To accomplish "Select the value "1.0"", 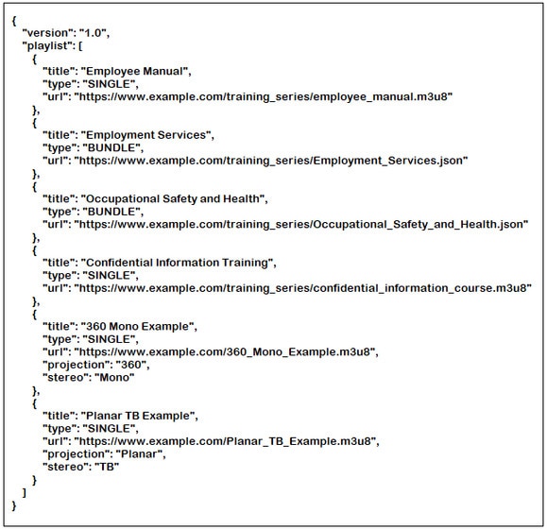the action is click(93, 33).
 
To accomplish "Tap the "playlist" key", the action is click(46, 45).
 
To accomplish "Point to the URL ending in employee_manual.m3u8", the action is click(264, 96).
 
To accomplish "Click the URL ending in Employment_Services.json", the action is click(271, 161).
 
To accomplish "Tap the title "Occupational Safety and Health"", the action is click(173, 199).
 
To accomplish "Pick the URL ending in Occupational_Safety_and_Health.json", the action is click(301, 224).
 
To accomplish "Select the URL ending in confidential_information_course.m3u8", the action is click(303, 288).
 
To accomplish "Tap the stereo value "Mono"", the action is click(114, 378).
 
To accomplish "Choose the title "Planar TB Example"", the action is click(138, 416).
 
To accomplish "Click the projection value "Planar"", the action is click(139, 454).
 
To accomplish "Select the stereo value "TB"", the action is click(107, 467).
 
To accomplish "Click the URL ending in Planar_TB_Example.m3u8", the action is click(225, 441).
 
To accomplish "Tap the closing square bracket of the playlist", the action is click(24, 493).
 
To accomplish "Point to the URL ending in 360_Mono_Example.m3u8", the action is click(225, 352).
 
